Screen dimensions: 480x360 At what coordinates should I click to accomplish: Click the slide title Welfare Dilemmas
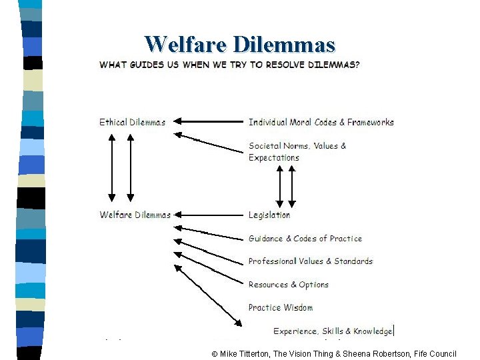click(239, 44)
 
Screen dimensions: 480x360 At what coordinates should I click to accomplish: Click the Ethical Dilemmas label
click(132, 122)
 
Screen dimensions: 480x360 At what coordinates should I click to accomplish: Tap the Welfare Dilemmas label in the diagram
click(135, 215)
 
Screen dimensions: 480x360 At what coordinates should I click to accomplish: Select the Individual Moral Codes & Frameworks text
click(321, 122)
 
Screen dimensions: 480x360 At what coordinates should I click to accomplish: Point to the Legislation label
click(269, 215)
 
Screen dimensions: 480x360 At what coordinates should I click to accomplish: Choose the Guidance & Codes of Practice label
click(305, 238)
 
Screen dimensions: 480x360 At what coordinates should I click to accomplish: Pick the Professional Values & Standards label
click(310, 261)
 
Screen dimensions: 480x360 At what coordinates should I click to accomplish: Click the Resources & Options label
click(288, 285)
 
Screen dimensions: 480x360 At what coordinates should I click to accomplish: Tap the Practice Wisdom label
click(280, 307)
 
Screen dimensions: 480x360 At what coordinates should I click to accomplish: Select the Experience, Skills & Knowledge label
click(333, 331)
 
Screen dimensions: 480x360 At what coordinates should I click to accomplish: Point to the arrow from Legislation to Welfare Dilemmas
click(210, 215)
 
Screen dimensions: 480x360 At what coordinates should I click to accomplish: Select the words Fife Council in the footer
click(435, 353)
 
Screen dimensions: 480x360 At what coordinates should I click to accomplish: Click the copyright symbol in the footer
click(215, 353)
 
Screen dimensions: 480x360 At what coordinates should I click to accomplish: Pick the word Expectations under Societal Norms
click(273, 158)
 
